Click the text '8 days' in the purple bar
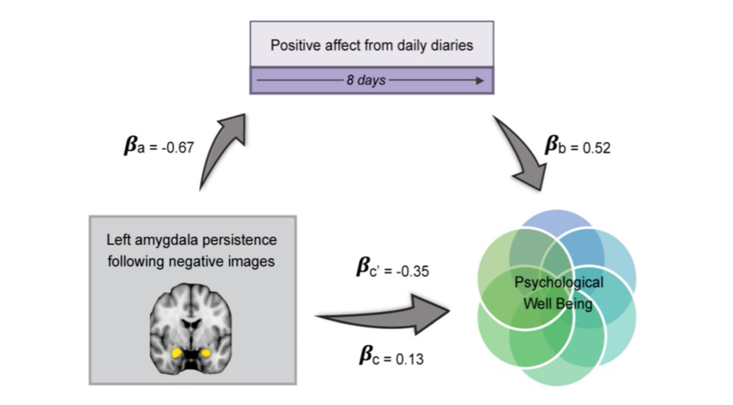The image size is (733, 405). [x=366, y=81]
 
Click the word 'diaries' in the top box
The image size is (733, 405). [x=451, y=46]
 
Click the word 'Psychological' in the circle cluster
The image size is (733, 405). [x=558, y=283]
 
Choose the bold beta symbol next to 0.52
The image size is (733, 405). [x=553, y=147]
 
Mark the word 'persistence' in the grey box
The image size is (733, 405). [x=238, y=240]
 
